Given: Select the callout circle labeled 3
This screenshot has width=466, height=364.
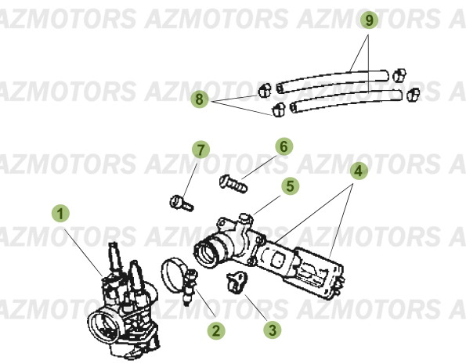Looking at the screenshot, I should click(272, 331).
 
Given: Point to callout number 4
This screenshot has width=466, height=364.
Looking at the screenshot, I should click(356, 169).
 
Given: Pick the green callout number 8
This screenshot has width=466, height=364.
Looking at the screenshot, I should click(200, 99).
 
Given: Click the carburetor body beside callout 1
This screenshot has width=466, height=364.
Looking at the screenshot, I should click(117, 305).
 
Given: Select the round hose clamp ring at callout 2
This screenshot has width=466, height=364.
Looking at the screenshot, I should click(176, 273).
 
